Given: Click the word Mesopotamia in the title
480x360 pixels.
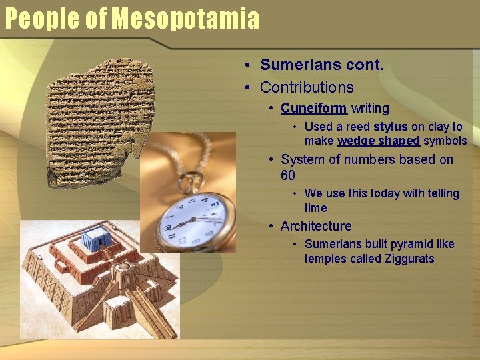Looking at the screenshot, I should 185,19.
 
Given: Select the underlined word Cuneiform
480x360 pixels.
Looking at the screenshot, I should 313,108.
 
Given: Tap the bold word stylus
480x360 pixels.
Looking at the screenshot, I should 390,127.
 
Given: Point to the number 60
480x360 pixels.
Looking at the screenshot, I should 288,175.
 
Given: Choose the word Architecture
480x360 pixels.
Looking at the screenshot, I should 316,226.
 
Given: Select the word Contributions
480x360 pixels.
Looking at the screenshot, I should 307,87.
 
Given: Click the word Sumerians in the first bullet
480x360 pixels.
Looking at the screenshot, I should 294,65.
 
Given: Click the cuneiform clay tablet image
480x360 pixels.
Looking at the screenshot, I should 97,120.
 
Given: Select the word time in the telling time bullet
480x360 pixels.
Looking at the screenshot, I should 315,208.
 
